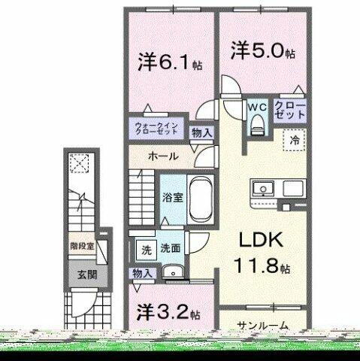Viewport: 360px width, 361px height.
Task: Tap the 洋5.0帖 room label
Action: pyautogui.click(x=262, y=53)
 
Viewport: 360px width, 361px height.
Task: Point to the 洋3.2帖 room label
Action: pyautogui.click(x=168, y=311)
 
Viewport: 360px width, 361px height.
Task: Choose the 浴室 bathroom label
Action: pyautogui.click(x=171, y=199)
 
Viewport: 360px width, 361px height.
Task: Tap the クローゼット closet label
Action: pyautogui.click(x=289, y=111)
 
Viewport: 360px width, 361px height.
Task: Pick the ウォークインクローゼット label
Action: pyautogui.click(x=156, y=128)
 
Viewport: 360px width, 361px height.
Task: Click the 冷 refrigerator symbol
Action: pyautogui.click(x=295, y=139)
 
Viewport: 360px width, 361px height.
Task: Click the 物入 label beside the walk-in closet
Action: pyautogui.click(x=201, y=132)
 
